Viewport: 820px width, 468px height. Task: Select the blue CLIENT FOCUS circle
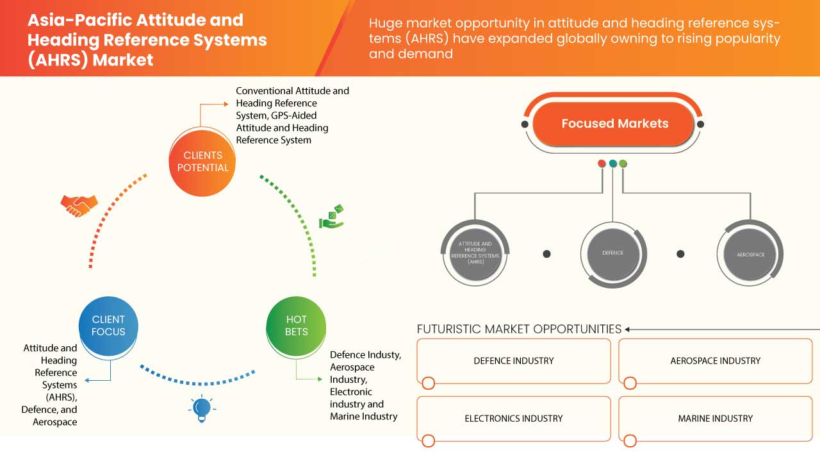tap(108, 325)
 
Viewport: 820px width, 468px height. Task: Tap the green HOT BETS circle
tap(296, 325)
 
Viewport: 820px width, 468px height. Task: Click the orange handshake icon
tap(79, 205)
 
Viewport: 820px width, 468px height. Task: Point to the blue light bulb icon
tap(202, 408)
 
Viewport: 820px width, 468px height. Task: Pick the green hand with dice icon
tap(331, 217)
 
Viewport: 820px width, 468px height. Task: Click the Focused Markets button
tap(614, 124)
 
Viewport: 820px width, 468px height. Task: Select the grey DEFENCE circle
tap(612, 253)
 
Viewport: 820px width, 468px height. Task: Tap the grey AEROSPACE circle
tap(750, 255)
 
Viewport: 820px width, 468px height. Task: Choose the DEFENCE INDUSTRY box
tap(513, 361)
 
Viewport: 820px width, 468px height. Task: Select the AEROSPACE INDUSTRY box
tap(715, 361)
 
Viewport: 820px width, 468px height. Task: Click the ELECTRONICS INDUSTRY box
tap(513, 419)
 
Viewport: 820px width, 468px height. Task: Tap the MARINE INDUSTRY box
tap(715, 419)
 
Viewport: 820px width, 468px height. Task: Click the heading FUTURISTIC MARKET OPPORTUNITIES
tap(519, 329)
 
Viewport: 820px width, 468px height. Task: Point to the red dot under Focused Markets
tap(602, 164)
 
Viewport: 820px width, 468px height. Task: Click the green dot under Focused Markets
tap(623, 164)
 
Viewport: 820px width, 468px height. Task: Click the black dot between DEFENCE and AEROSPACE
tap(680, 254)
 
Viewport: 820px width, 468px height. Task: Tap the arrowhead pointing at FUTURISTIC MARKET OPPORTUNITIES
tap(628, 330)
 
